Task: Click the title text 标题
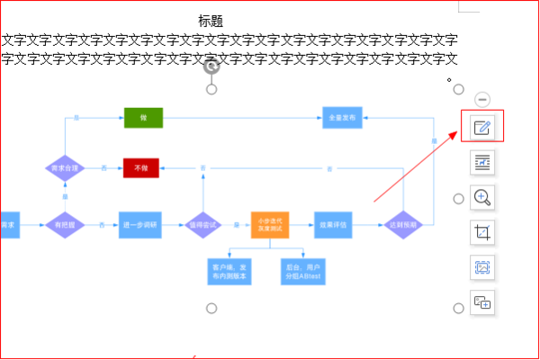tap(211, 21)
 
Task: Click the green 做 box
tap(143, 118)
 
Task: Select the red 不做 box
tap(140, 168)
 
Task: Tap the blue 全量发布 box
tap(343, 118)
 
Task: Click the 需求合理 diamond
tap(64, 168)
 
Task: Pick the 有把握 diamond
tap(64, 224)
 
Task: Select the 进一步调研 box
tap(140, 224)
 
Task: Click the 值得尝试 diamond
tap(202, 224)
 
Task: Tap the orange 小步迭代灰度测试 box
tap(270, 224)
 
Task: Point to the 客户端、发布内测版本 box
tap(230, 272)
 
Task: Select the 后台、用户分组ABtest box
tap(303, 272)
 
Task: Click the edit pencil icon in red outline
tap(482, 127)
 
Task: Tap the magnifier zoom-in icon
tap(482, 197)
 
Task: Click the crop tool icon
tap(482, 232)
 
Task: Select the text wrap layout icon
tap(482, 162)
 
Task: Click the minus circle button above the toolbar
tap(482, 99)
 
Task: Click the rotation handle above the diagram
tap(211, 67)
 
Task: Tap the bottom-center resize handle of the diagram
tap(211, 309)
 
